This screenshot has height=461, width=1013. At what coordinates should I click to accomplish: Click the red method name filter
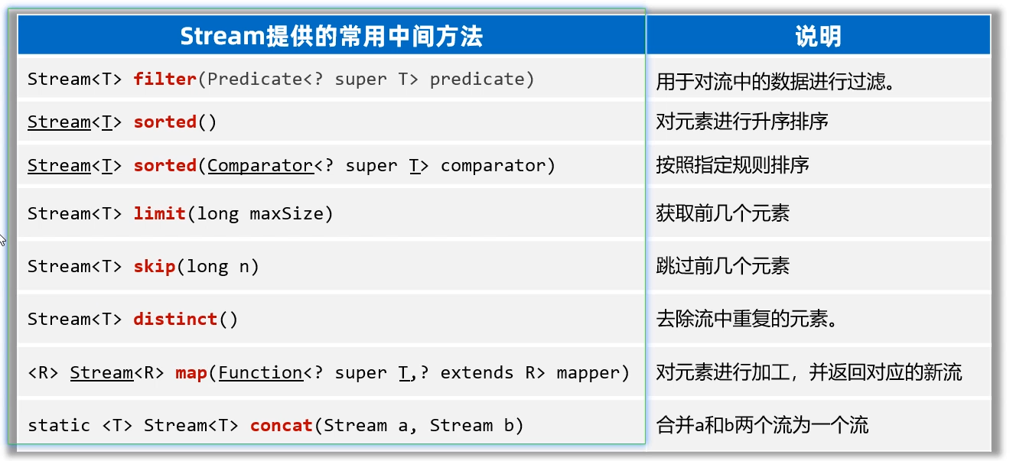pyautogui.click(x=164, y=79)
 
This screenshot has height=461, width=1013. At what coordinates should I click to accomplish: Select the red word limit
pyautogui.click(x=159, y=213)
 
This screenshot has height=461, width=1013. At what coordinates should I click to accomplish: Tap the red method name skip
pyautogui.click(x=154, y=266)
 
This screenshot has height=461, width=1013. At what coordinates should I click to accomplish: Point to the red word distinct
pyautogui.click(x=175, y=319)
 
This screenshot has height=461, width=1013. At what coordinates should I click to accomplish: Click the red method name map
pyautogui.click(x=191, y=372)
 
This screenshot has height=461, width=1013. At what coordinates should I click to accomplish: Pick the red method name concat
pyautogui.click(x=282, y=425)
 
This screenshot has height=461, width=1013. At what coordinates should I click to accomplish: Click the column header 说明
pyautogui.click(x=818, y=36)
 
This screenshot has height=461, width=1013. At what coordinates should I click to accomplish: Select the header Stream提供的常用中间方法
pyautogui.click(x=331, y=36)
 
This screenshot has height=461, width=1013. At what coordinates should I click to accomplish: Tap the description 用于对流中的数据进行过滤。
pyautogui.click(x=776, y=81)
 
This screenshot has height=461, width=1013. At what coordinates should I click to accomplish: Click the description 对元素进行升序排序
pyautogui.click(x=741, y=122)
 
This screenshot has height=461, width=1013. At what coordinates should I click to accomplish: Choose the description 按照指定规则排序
pyautogui.click(x=732, y=165)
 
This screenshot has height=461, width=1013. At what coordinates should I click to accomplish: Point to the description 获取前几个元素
pyautogui.click(x=722, y=213)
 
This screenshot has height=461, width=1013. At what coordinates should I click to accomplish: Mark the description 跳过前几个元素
pyautogui.click(x=722, y=266)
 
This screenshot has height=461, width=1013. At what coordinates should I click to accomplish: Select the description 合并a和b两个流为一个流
pyautogui.click(x=762, y=425)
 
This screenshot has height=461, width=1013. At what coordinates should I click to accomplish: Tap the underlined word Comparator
pyautogui.click(x=260, y=165)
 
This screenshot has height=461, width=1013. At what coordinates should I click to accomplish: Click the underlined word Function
pyautogui.click(x=260, y=372)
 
